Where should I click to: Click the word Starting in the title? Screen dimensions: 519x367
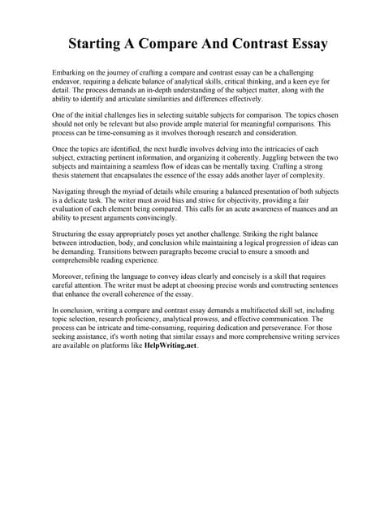click(x=97, y=43)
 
